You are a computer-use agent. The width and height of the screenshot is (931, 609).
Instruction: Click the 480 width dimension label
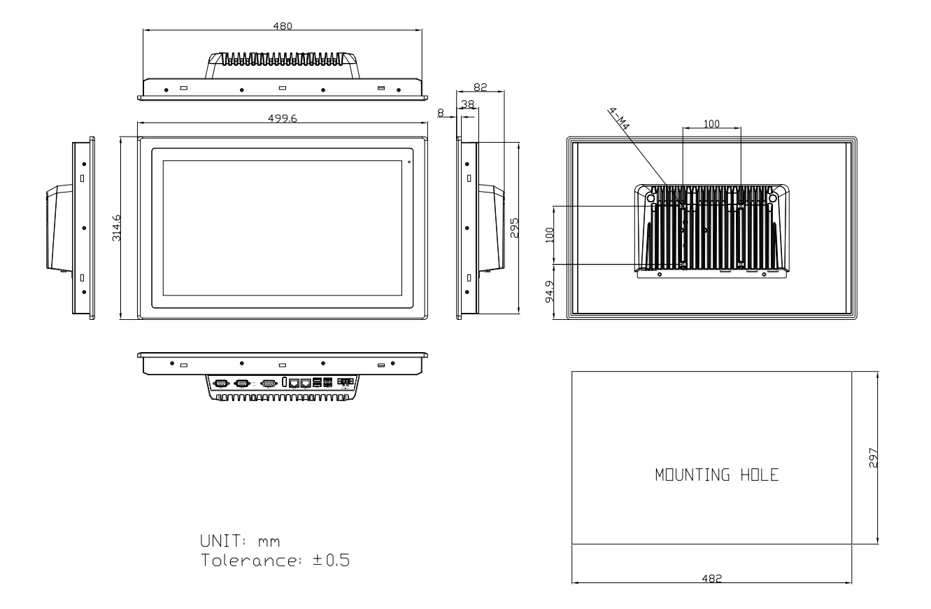point(283,26)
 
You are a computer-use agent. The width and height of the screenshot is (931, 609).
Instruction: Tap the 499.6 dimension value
point(282,118)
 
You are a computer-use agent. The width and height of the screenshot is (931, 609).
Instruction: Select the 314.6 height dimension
point(116,228)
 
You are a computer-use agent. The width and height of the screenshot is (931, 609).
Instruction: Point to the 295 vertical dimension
point(515,228)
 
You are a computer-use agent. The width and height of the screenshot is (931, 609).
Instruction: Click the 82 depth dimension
point(480,87)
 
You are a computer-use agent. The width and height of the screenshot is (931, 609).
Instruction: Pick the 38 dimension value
point(467,104)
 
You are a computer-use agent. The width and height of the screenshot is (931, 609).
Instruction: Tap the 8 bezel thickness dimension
point(441,113)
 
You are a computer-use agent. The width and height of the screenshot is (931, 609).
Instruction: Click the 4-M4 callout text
point(619,118)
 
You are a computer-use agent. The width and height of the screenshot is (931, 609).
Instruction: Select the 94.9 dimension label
point(550,292)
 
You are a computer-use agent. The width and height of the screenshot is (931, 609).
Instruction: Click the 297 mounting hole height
point(873,458)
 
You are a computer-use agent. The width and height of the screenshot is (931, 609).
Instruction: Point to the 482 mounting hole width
point(711,578)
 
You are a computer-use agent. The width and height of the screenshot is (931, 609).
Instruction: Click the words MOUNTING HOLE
point(717,475)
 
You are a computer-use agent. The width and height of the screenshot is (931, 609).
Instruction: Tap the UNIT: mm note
point(240,541)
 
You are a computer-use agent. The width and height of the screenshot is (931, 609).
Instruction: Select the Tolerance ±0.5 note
point(275,560)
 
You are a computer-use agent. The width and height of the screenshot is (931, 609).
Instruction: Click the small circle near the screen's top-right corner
point(409,162)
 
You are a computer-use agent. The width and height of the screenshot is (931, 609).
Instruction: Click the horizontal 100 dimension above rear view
point(711,123)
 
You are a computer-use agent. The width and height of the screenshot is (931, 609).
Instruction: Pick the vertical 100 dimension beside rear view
point(550,235)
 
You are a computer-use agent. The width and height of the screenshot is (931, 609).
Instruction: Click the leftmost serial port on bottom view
point(221,383)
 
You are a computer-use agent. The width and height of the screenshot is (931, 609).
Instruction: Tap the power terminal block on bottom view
point(346,381)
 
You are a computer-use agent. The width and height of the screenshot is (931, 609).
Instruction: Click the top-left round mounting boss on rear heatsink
point(651,198)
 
